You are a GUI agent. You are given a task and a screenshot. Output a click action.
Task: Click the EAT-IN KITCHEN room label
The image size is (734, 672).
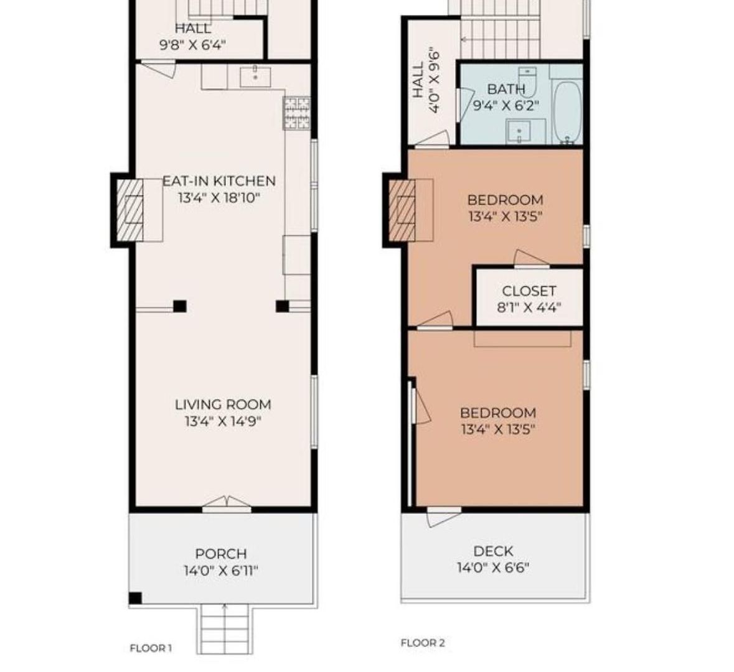(219, 181)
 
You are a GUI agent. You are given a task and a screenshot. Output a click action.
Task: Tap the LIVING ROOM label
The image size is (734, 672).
(223, 405)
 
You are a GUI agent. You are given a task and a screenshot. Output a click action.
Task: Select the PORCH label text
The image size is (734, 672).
(220, 554)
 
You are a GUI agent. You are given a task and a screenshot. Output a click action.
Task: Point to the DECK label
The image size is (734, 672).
(493, 551)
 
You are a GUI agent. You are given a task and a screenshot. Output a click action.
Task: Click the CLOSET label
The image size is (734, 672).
(529, 291)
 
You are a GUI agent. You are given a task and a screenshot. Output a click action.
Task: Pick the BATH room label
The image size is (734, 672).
(506, 89)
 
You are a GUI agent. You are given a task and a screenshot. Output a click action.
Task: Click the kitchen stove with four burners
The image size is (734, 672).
(297, 113)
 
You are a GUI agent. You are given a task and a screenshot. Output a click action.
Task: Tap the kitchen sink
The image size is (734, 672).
(255, 77)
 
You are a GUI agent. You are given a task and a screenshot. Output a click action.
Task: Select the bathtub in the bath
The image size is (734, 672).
(567, 113)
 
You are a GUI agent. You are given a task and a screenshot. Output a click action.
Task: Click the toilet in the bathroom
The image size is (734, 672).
(527, 81)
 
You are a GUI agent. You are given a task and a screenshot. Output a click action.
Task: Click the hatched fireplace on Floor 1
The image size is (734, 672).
(129, 210)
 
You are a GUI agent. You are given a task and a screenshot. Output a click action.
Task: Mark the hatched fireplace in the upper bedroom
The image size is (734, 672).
(402, 210)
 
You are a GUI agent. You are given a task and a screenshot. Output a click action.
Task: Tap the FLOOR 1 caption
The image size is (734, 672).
(151, 648)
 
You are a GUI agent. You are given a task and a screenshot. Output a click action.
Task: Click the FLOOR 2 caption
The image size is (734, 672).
(423, 643)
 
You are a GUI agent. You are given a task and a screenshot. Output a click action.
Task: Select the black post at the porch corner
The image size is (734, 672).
(135, 598)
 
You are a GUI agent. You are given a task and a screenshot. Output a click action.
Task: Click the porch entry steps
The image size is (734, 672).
(225, 628)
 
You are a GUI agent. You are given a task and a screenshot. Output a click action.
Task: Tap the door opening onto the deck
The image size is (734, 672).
(443, 516)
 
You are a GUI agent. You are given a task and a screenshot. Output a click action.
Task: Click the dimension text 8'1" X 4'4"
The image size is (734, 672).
(529, 308)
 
